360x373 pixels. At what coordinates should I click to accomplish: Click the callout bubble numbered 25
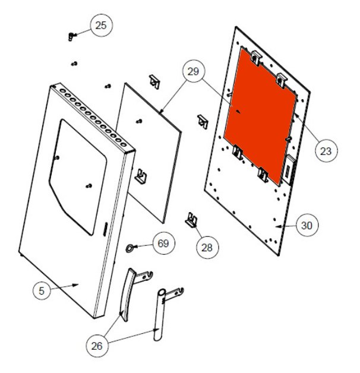pos(101,26)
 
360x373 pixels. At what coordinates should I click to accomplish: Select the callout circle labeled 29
pos(193,71)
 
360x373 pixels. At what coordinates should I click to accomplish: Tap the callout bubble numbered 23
pos(326,151)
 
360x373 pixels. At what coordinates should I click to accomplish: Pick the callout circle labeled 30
pos(307,225)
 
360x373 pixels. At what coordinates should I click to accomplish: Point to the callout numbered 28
pos(207,248)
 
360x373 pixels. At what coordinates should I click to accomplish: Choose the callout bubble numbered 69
pos(163,243)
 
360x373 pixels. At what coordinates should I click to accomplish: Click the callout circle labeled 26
pos(97,346)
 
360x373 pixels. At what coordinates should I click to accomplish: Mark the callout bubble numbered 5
pos(42,290)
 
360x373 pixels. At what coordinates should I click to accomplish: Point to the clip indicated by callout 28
pos(191,220)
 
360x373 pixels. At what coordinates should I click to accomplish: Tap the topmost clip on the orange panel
pos(256,58)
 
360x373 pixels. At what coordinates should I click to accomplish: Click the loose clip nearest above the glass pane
pos(154,81)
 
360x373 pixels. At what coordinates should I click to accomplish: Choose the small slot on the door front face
pos(105,229)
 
